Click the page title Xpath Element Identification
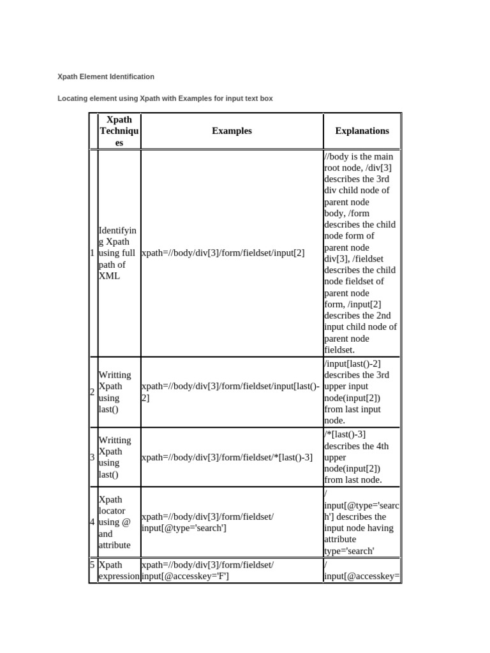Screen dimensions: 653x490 tap(106, 77)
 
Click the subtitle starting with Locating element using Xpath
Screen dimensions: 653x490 tap(165, 99)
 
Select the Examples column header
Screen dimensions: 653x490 tap(232, 131)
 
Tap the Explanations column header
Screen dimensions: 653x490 tap(362, 131)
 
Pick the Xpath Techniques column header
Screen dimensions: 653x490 tap(119, 131)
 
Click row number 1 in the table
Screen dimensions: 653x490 tap(93, 253)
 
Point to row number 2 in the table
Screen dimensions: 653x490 tap(93, 392)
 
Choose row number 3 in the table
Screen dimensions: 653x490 tap(93, 457)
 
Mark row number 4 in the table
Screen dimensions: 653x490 tap(93, 522)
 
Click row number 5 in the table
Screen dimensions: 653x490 tap(93, 565)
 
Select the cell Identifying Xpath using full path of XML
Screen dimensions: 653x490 tap(117, 253)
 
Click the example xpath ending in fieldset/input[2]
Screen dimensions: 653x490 tap(223, 253)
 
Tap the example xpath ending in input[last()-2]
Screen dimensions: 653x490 tap(231, 392)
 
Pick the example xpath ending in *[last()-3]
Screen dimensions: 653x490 tap(226, 457)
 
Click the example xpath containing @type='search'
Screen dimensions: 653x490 tap(207, 522)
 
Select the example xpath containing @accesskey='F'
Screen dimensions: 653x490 tap(207, 571)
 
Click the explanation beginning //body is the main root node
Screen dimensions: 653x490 tap(360, 253)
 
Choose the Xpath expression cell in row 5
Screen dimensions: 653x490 tap(119, 571)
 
